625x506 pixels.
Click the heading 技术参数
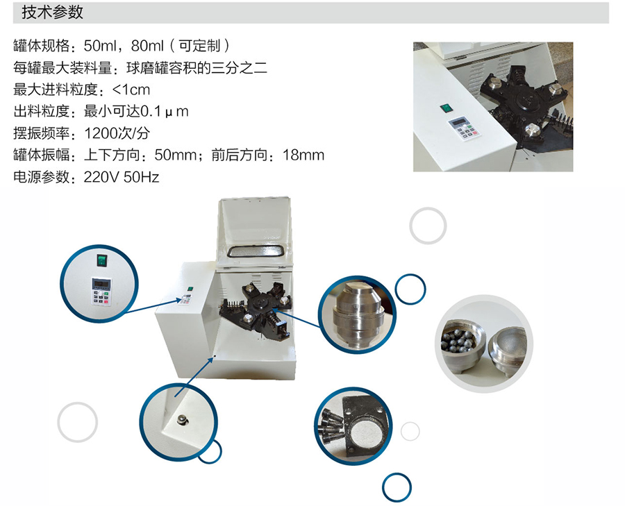point(52,12)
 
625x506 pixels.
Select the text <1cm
point(131,90)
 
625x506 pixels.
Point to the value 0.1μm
point(165,111)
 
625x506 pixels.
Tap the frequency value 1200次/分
point(117,133)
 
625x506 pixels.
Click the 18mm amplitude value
point(303,155)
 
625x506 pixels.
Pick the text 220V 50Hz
point(122,177)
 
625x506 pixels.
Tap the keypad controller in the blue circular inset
point(101,292)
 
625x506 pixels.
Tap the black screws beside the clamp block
point(331,423)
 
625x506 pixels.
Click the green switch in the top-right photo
point(445,108)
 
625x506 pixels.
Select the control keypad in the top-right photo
point(465,128)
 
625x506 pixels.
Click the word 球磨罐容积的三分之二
point(197,68)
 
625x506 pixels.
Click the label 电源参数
point(42,177)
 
